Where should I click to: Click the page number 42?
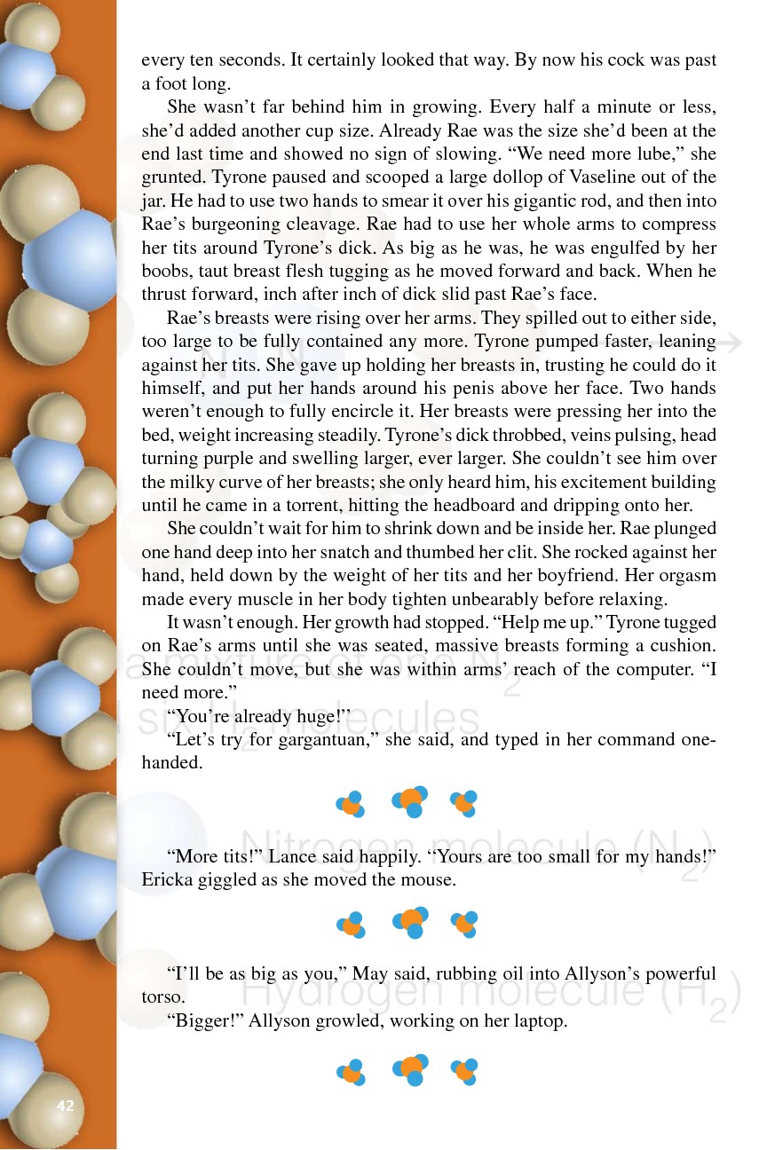[x=65, y=1106]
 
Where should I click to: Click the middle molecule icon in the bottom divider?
[x=410, y=1071]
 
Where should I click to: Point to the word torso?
[x=163, y=997]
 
